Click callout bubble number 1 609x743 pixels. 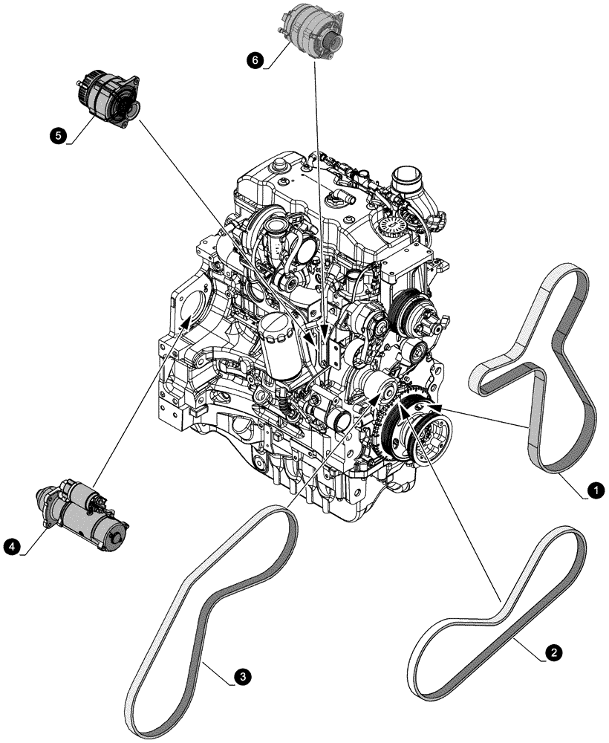click(x=594, y=490)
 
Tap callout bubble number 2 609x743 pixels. click(x=552, y=652)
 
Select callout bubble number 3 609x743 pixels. click(x=239, y=677)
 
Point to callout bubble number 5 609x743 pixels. click(x=56, y=134)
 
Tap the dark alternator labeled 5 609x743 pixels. click(x=105, y=99)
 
